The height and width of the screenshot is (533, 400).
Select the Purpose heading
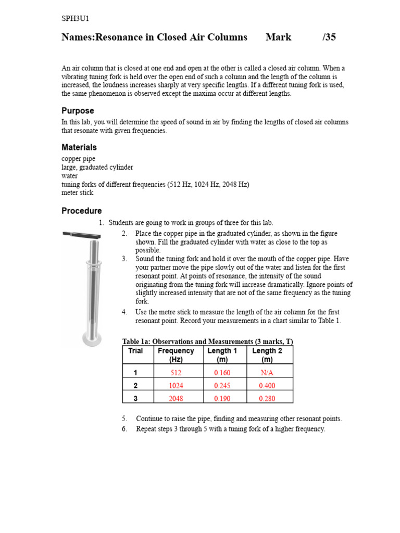78,111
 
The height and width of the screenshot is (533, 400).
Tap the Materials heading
79,147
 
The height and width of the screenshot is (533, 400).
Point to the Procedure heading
82,211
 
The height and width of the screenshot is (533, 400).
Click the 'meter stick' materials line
78,193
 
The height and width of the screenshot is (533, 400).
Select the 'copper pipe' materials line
79,159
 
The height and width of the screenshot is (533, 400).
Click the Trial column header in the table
135,351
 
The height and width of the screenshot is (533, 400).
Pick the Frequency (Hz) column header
176,355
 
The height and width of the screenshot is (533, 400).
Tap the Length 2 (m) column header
267,355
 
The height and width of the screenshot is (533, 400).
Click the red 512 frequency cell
176,373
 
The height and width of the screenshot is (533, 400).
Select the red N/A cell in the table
267,373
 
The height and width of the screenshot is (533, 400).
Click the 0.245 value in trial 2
222,386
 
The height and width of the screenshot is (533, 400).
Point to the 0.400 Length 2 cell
267,386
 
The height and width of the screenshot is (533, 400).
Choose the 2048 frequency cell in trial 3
176,399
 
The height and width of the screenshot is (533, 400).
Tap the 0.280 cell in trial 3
267,399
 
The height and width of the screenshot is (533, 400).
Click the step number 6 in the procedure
124,429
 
